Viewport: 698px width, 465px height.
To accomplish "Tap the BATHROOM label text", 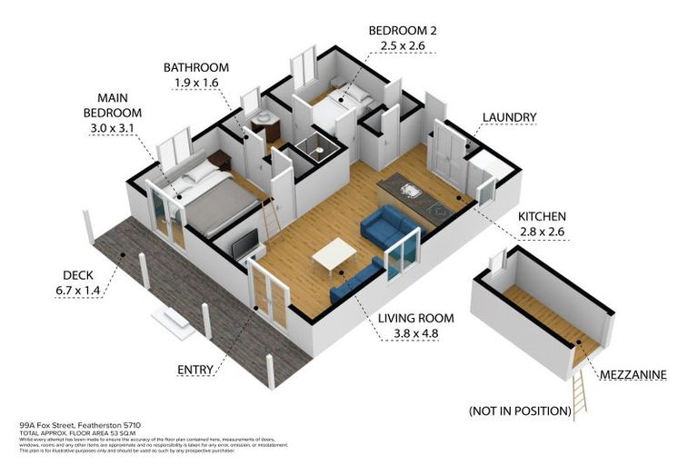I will (x=195, y=67).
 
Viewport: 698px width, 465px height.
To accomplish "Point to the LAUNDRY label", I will (x=509, y=117).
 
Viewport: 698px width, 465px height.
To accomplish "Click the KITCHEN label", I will (x=542, y=217).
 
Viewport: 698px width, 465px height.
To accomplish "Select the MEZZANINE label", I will (x=633, y=374).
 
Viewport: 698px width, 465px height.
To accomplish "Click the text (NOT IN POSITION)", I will (x=519, y=411).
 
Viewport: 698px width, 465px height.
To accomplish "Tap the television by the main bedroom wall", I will (x=246, y=243).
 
